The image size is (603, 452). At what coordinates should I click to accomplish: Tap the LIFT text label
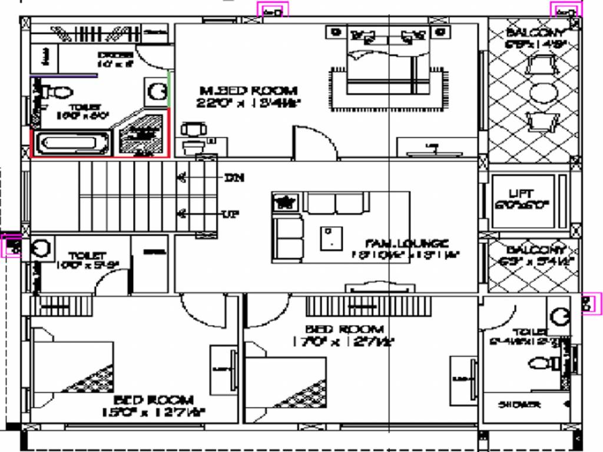pyautogui.click(x=521, y=194)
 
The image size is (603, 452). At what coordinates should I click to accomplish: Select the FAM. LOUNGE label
pyautogui.click(x=407, y=243)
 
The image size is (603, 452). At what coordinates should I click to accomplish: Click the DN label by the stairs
pyautogui.click(x=233, y=177)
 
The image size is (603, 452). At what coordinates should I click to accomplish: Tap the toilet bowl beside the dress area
pyautogui.click(x=58, y=92)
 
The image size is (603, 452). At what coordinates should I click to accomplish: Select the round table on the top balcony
pyautogui.click(x=543, y=92)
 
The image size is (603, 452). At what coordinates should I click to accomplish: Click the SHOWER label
pyautogui.click(x=519, y=405)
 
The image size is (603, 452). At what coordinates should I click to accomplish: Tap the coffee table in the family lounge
pyautogui.click(x=331, y=238)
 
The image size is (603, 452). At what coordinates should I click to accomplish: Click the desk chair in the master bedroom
pyautogui.click(x=193, y=129)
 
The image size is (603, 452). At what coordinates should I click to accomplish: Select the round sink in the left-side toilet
pyautogui.click(x=42, y=248)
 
